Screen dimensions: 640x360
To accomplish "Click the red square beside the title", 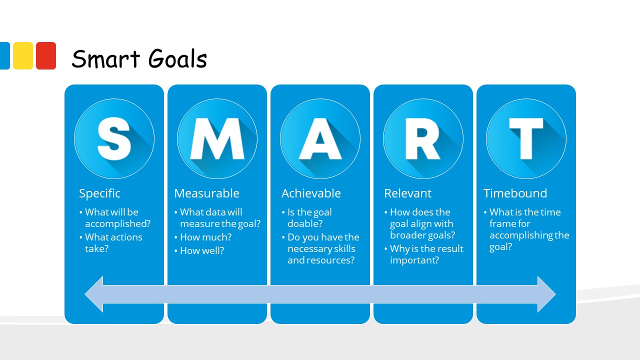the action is click(46, 55).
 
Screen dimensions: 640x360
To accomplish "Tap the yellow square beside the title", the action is click(23, 55).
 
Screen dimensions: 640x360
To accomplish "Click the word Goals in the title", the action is click(177, 58).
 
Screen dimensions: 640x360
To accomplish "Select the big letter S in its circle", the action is click(114, 138).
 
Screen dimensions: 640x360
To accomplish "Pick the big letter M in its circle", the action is click(217, 138).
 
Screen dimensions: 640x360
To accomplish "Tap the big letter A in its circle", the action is click(320, 138).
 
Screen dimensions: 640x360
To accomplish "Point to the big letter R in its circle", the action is click(423, 138).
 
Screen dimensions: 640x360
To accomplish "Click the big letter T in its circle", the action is click(526, 138).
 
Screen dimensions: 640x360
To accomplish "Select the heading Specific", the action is click(99, 193).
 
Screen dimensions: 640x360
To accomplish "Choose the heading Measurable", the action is click(206, 193).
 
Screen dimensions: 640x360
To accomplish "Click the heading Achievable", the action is click(311, 193).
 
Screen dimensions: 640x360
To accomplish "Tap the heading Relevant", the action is click(407, 193).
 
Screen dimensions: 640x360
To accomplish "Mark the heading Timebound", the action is click(515, 193).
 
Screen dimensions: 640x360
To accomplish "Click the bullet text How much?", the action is click(205, 237).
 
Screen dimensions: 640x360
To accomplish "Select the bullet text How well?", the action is click(202, 250).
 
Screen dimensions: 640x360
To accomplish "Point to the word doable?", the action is click(305, 223).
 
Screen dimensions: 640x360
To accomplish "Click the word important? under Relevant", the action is click(414, 260).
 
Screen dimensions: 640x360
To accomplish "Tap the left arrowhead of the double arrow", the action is click(94, 294).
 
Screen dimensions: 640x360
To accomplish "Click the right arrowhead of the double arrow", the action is click(546, 294).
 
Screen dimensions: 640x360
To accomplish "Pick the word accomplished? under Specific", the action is click(117, 223).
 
